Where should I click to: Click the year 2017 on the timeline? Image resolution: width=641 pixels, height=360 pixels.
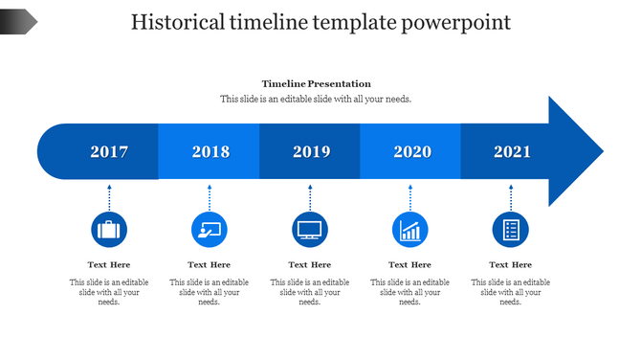(x=109, y=151)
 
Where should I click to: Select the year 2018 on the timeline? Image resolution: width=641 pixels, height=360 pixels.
(x=210, y=151)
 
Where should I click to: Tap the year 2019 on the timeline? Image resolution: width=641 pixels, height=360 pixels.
(x=311, y=151)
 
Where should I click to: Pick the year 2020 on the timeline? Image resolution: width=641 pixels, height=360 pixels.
(x=412, y=151)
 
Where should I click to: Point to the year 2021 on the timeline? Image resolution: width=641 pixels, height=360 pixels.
(x=512, y=151)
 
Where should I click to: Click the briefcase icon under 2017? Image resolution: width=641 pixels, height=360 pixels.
(x=109, y=230)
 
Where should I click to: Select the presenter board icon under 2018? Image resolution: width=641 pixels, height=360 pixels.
(x=210, y=230)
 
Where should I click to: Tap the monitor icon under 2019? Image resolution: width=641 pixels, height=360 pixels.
(x=310, y=230)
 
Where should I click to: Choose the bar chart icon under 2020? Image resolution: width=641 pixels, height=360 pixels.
(x=410, y=230)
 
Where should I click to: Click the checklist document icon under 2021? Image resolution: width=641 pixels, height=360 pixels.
(x=510, y=230)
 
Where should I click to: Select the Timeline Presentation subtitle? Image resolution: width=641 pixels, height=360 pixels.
(x=316, y=84)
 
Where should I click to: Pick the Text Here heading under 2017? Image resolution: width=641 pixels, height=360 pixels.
(x=109, y=264)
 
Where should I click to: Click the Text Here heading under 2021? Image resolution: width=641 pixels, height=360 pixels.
(x=510, y=264)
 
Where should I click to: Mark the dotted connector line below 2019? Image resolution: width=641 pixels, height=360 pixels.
(x=310, y=198)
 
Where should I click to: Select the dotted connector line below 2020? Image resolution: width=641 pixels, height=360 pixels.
(x=410, y=198)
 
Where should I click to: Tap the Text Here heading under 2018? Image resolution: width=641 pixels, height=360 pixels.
(x=210, y=264)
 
